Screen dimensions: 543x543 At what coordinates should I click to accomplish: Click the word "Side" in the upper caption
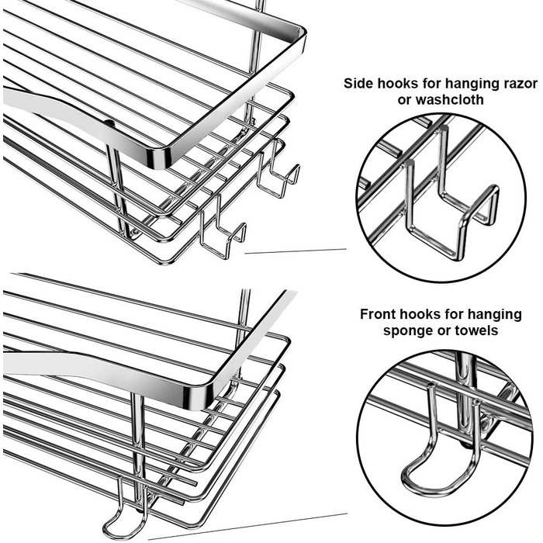pos(360,84)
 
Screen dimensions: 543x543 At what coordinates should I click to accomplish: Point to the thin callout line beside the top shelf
pos(295,251)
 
